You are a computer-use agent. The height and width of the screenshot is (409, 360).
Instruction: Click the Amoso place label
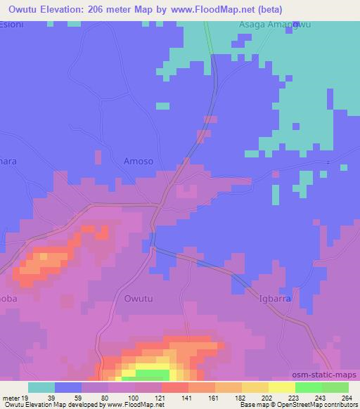(138, 161)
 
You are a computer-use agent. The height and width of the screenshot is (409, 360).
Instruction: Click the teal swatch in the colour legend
(41, 388)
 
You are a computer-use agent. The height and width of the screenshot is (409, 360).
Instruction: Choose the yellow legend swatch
(281, 388)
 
